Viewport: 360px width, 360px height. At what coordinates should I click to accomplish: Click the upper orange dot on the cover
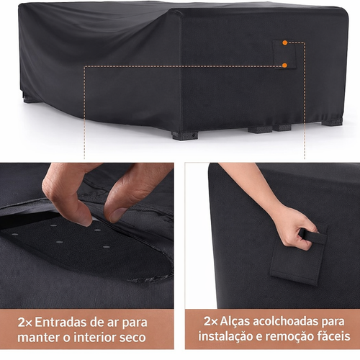(285, 43)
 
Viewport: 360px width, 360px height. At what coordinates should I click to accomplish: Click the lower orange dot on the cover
(285, 66)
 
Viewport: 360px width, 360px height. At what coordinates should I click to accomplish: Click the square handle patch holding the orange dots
(284, 54)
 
